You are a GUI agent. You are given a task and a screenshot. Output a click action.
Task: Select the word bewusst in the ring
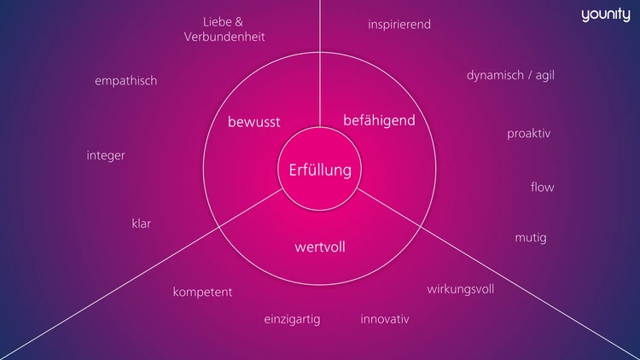click(x=253, y=122)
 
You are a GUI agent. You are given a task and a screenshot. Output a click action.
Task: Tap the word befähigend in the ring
click(x=379, y=120)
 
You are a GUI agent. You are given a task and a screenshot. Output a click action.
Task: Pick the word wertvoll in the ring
click(x=319, y=247)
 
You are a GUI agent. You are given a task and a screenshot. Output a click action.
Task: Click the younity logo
click(x=605, y=15)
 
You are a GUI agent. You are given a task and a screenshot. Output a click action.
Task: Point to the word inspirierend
click(x=399, y=25)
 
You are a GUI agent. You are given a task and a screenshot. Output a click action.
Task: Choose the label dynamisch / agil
click(x=511, y=75)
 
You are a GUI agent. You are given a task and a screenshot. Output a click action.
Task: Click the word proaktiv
click(x=529, y=134)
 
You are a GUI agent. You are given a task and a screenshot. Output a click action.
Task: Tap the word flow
click(x=543, y=187)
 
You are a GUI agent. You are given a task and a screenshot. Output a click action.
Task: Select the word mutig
click(x=531, y=237)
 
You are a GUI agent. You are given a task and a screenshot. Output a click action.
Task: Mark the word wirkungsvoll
click(x=461, y=288)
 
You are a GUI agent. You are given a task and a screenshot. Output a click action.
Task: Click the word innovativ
click(x=385, y=320)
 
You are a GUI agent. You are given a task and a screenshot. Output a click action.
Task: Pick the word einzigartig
click(x=292, y=320)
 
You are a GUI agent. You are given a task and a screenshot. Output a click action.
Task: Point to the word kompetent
click(x=202, y=292)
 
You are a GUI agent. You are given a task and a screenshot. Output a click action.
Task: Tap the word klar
click(x=141, y=224)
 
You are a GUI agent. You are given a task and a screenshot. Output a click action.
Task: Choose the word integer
click(x=106, y=155)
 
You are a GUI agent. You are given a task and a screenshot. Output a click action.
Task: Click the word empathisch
click(x=125, y=81)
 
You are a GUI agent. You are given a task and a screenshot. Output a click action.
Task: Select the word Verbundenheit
click(x=224, y=38)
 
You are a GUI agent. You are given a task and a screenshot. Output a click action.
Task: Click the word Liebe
click(x=217, y=21)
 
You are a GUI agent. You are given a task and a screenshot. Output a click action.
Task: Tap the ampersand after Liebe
click(x=240, y=21)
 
